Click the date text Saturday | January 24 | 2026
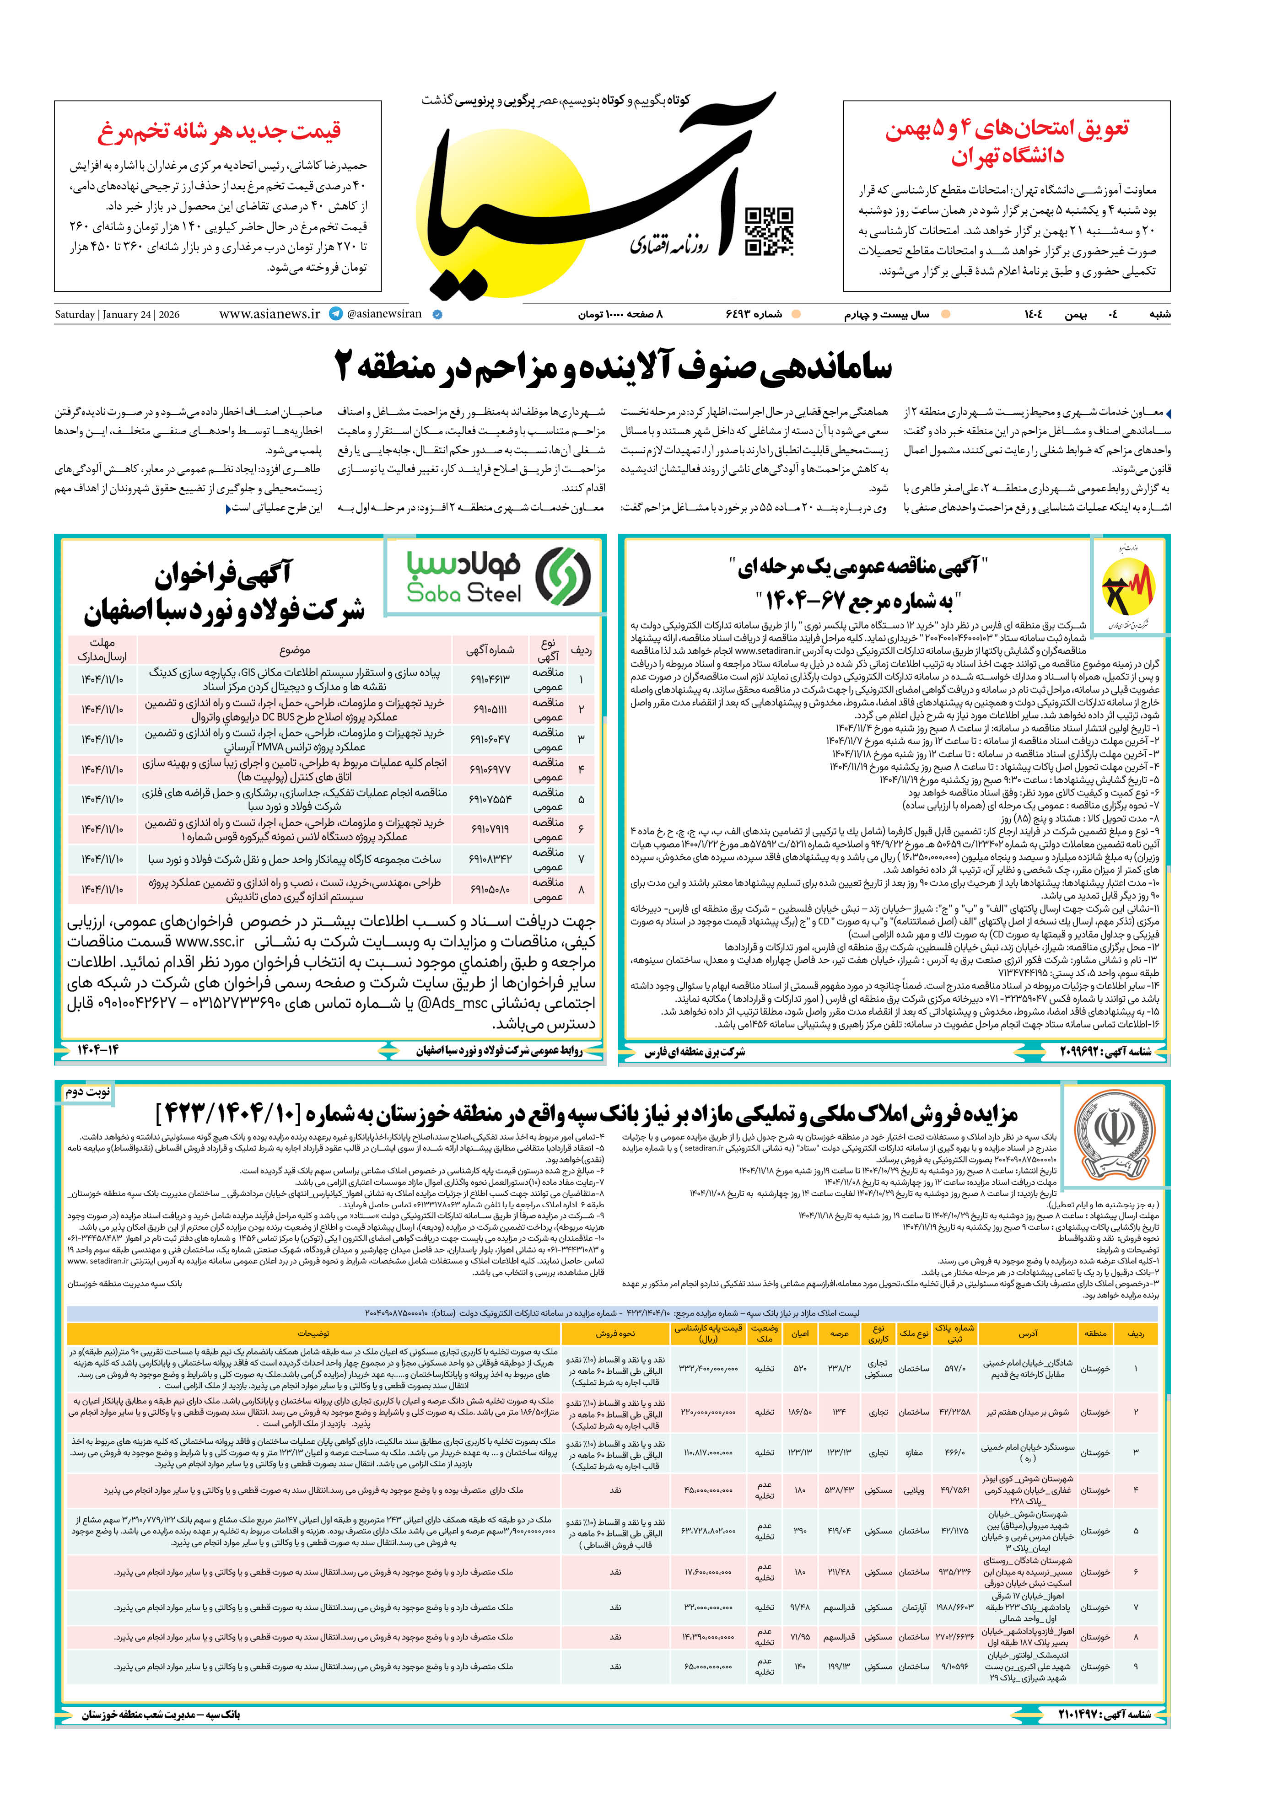click(117, 315)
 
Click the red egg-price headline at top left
click(220, 131)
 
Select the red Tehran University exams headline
click(1008, 142)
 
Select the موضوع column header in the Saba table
click(294, 651)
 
